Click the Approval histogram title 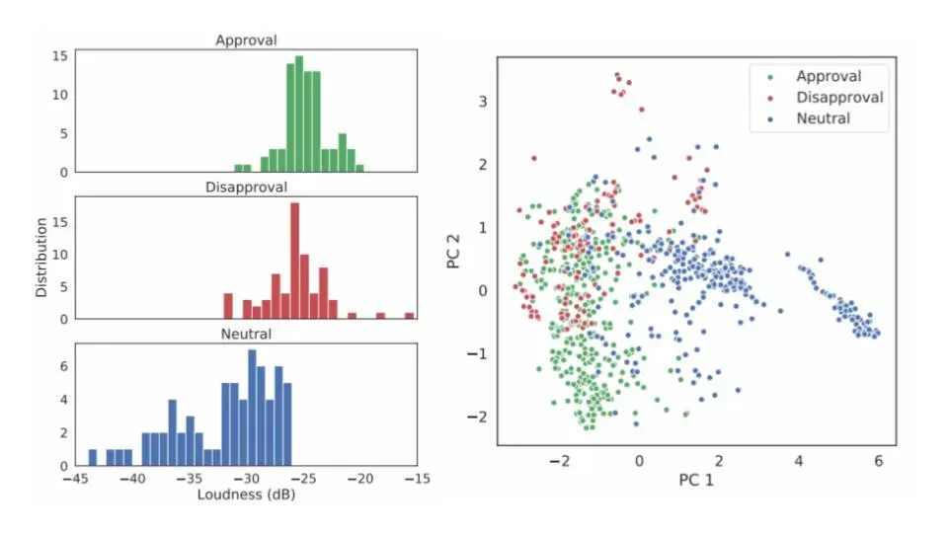pyautogui.click(x=246, y=40)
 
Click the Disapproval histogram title pyautogui.click(x=246, y=187)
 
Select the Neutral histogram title pyautogui.click(x=246, y=334)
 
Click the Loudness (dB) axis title pyautogui.click(x=246, y=495)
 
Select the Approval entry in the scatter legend pyautogui.click(x=828, y=76)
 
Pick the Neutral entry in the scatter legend pyautogui.click(x=822, y=118)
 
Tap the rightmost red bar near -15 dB pyautogui.click(x=409, y=316)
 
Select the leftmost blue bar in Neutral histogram pyautogui.click(x=93, y=457)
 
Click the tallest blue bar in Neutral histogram pyautogui.click(x=252, y=408)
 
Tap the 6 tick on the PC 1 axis pyautogui.click(x=878, y=460)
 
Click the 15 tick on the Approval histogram pyautogui.click(x=59, y=56)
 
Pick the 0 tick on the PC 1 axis pyautogui.click(x=639, y=460)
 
